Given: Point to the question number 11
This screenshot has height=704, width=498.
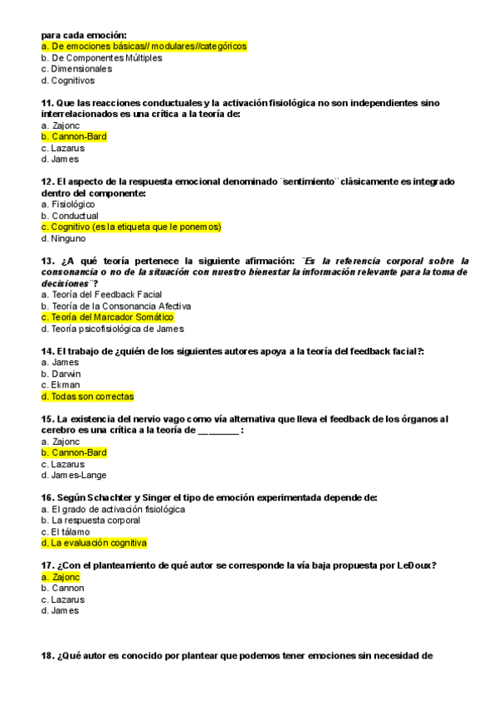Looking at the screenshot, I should pyautogui.click(x=46, y=103).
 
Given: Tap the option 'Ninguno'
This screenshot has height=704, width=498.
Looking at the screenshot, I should pyautogui.click(x=69, y=238).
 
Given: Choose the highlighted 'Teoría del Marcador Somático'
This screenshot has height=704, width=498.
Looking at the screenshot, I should pyautogui.click(x=107, y=317).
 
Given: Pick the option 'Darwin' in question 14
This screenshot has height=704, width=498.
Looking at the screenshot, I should pyautogui.click(x=65, y=374).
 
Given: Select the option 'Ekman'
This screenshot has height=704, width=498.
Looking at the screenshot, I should pyautogui.click(x=65, y=385).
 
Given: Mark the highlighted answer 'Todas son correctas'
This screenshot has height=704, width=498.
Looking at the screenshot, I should pyautogui.click(x=87, y=396).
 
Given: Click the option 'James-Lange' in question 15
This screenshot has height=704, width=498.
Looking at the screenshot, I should pyautogui.click(x=81, y=476).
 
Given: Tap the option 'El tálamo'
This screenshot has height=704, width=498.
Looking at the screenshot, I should pyautogui.click(x=71, y=531).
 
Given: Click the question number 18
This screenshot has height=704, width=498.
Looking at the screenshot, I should pyautogui.click(x=46, y=656).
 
